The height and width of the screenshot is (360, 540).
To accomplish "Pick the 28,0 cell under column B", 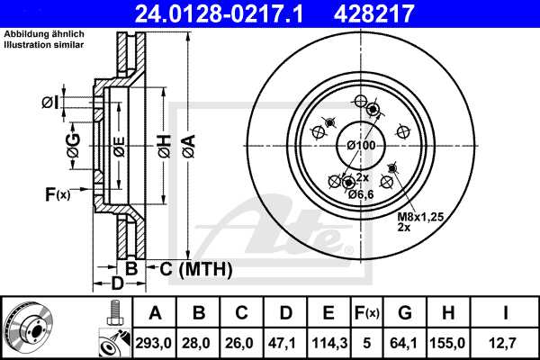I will (x=199, y=341).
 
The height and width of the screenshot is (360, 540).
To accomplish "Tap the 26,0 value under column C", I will (x=242, y=341).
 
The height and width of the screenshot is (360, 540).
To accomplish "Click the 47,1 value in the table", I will (x=285, y=341).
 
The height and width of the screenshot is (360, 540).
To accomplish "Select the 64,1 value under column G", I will (x=405, y=341).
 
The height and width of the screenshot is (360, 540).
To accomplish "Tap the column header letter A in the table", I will (x=156, y=313).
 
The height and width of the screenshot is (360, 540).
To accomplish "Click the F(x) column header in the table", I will (x=366, y=313).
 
